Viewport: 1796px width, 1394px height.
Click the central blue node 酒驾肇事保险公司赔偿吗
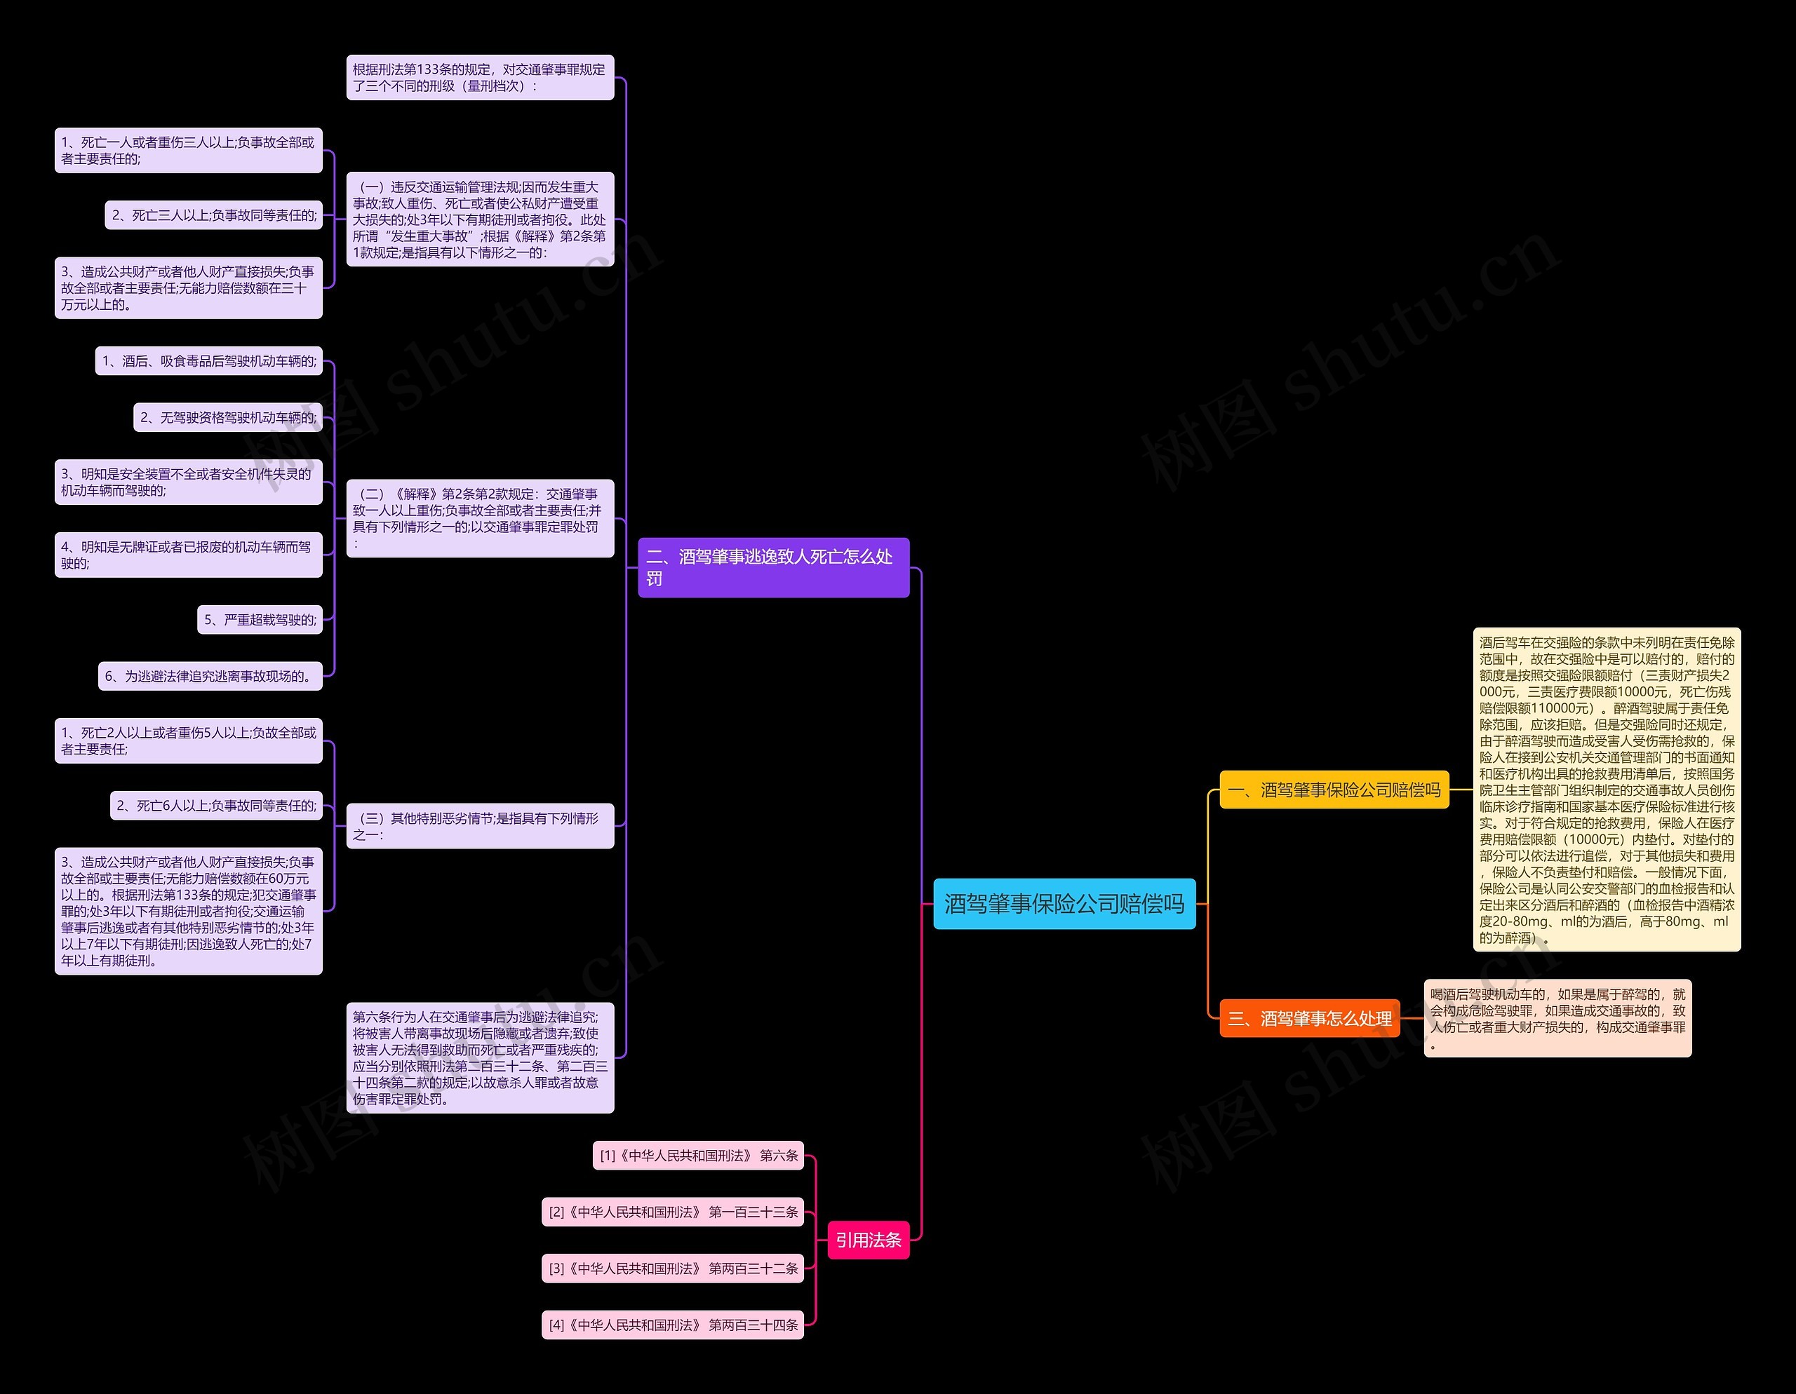[x=1064, y=903]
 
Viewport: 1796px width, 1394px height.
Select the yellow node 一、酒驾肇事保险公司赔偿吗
[x=1333, y=790]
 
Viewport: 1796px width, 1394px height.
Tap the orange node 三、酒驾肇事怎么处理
[x=1309, y=1018]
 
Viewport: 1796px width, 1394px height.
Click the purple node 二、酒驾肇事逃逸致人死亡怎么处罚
[x=773, y=567]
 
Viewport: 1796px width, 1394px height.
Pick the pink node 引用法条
[x=868, y=1240]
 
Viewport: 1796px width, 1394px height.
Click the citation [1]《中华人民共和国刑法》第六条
[x=697, y=1156]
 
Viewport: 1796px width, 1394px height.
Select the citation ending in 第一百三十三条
[x=672, y=1212]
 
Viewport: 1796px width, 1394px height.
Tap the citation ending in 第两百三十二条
[x=672, y=1268]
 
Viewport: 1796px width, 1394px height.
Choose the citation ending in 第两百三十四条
[x=672, y=1325]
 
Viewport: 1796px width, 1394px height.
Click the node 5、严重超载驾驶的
[x=259, y=620]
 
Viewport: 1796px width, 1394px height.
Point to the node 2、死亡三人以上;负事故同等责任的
[x=213, y=215]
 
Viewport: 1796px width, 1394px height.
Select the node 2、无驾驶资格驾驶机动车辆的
[x=227, y=417]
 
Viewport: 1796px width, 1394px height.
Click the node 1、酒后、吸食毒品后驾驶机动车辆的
[x=208, y=361]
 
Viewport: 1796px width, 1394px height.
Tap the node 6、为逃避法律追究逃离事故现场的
[x=210, y=677]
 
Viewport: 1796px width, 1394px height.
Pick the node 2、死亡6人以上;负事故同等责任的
[x=215, y=806]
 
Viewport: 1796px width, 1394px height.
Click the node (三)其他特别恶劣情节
[x=479, y=826]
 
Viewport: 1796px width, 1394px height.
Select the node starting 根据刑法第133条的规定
[x=479, y=77]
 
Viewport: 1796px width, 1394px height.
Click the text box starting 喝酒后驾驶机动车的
[x=1557, y=1017]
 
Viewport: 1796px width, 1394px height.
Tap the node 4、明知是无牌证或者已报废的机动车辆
[x=188, y=555]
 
